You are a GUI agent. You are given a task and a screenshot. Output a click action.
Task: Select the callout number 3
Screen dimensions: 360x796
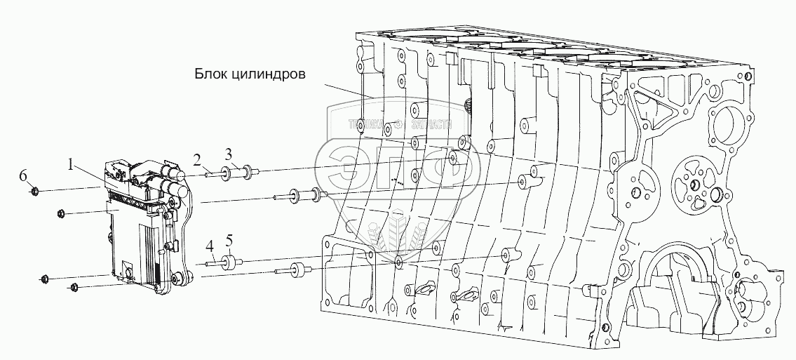coord(229,153)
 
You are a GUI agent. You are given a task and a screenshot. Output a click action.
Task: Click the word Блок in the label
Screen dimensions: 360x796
coord(210,73)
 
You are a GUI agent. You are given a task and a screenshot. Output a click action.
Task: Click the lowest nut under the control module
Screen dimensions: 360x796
coord(75,286)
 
